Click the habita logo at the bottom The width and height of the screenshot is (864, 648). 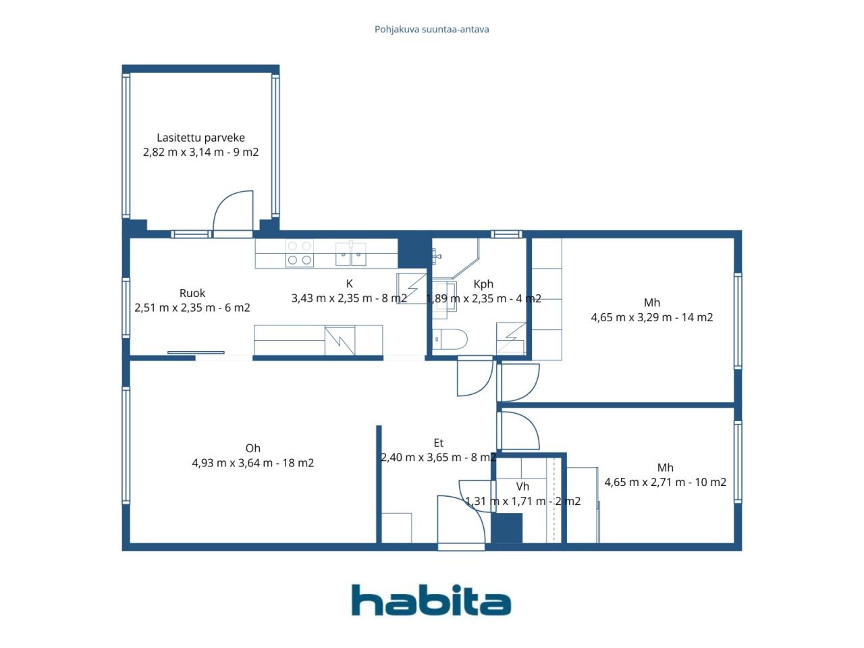click(431, 600)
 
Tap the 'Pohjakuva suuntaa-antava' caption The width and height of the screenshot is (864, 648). click(431, 30)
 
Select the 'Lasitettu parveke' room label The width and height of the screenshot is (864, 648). click(200, 137)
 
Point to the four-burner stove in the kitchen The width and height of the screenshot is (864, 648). click(299, 253)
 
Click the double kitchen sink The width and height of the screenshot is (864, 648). click(351, 254)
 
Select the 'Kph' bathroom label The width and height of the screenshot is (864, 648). click(483, 284)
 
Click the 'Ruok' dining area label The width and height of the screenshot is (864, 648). click(192, 293)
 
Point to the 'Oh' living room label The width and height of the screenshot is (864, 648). click(252, 448)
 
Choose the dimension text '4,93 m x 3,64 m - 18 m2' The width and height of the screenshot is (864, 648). click(252, 463)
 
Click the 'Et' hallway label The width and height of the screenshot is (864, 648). click(439, 443)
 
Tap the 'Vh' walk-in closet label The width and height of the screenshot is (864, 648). click(522, 487)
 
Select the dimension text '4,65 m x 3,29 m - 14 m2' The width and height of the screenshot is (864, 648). click(652, 317)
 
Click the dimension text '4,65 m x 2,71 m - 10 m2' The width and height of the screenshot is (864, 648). click(666, 483)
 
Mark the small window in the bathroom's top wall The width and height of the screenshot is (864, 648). click(507, 234)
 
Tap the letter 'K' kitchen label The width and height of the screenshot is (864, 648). click(349, 283)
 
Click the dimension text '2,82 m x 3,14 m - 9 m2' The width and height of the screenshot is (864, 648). click(200, 153)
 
